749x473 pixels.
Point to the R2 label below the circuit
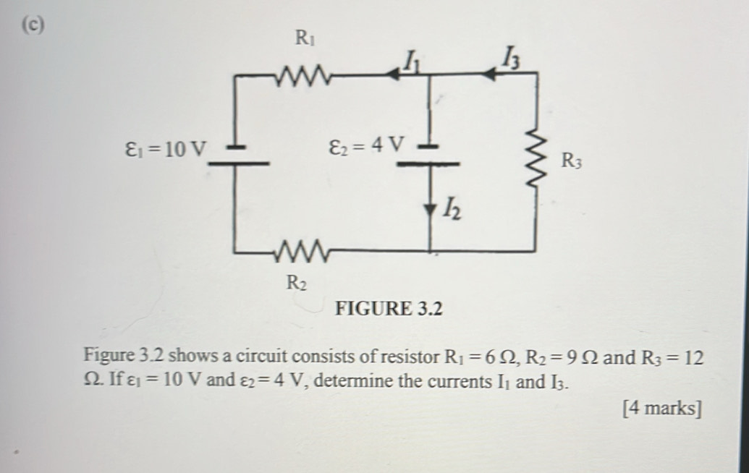pyautogui.click(x=297, y=282)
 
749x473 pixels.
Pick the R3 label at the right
pyautogui.click(x=572, y=160)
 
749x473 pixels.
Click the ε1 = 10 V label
pyautogui.click(x=164, y=150)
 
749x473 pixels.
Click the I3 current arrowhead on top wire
pyautogui.click(x=488, y=74)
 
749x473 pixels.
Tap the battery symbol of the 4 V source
pyautogui.click(x=430, y=156)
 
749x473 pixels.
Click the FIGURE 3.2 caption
pyautogui.click(x=388, y=310)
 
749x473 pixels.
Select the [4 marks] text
pyautogui.click(x=661, y=409)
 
